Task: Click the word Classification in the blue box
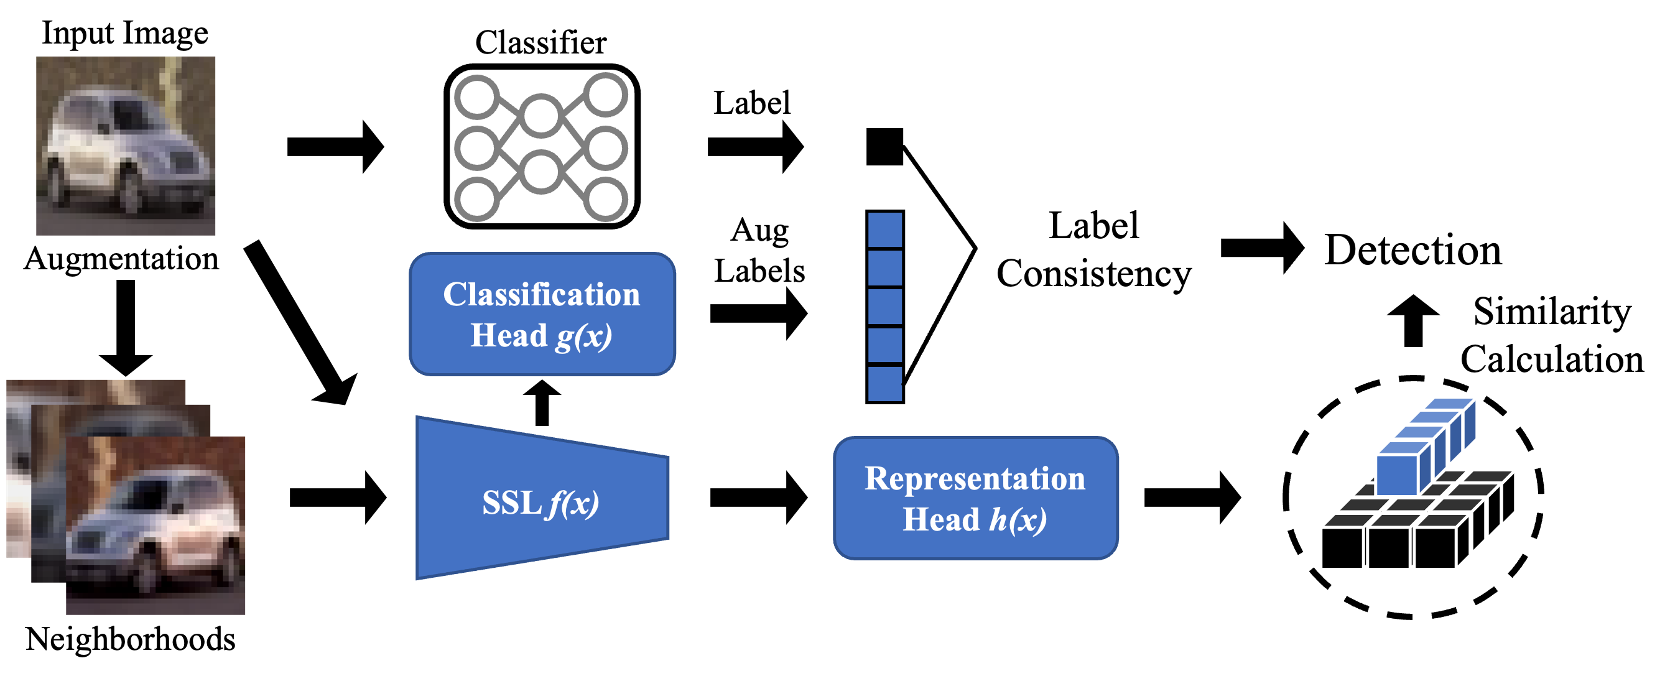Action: coord(541,295)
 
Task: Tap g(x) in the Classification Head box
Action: coord(583,336)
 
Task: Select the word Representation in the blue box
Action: coord(975,479)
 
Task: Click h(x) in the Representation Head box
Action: coord(1017,520)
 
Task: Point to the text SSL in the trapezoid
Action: coord(511,503)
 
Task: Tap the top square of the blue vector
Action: coord(885,229)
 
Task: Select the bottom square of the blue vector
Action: coord(885,384)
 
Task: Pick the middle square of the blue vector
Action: coord(885,307)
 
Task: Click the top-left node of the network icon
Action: coord(477,96)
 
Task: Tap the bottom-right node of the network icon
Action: coord(606,199)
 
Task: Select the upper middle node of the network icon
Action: coord(541,115)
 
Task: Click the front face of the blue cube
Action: coord(1396,475)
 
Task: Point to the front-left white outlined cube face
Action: coord(1342,548)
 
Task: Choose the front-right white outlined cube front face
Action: coord(1436,548)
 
